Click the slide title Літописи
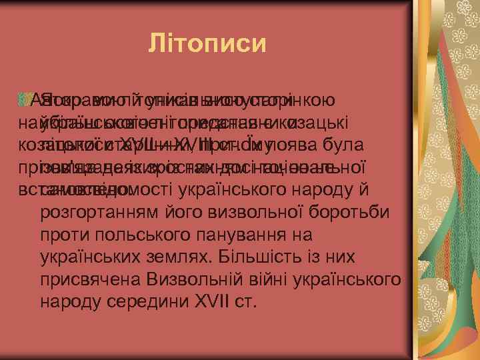pos(207,45)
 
